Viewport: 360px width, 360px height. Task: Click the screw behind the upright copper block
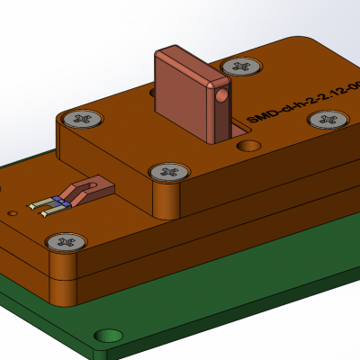[239, 66]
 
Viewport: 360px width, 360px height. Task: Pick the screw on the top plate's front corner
[168, 171]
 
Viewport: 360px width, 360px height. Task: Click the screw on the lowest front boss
[66, 241]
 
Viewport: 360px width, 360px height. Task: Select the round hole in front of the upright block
[249, 145]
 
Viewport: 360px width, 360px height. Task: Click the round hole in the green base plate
[108, 335]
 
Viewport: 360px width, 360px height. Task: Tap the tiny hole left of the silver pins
[13, 213]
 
